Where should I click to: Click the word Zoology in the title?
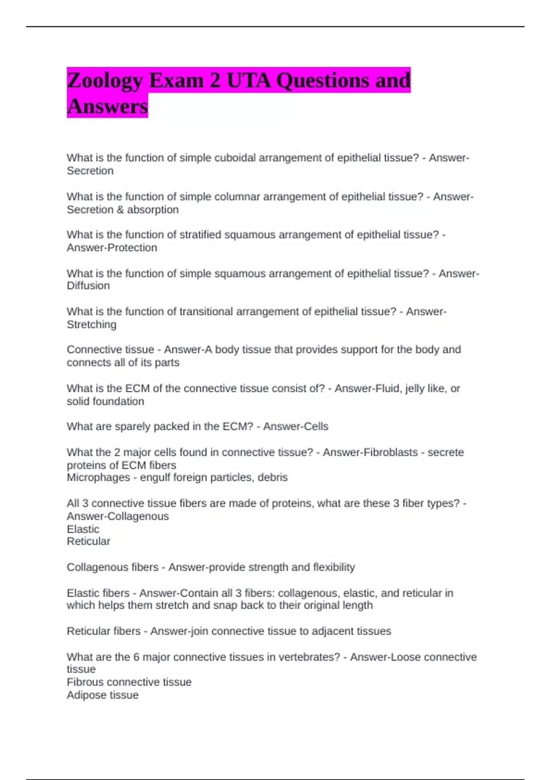tap(105, 81)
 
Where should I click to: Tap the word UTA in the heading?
tap(248, 81)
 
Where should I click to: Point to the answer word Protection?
tap(132, 248)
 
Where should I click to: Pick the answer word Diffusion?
tap(88, 286)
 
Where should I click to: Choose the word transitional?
tap(206, 312)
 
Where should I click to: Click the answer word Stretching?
tap(91, 325)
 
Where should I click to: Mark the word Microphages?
tap(98, 478)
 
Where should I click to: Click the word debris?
tap(273, 478)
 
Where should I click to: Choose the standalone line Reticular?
tap(88, 541)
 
